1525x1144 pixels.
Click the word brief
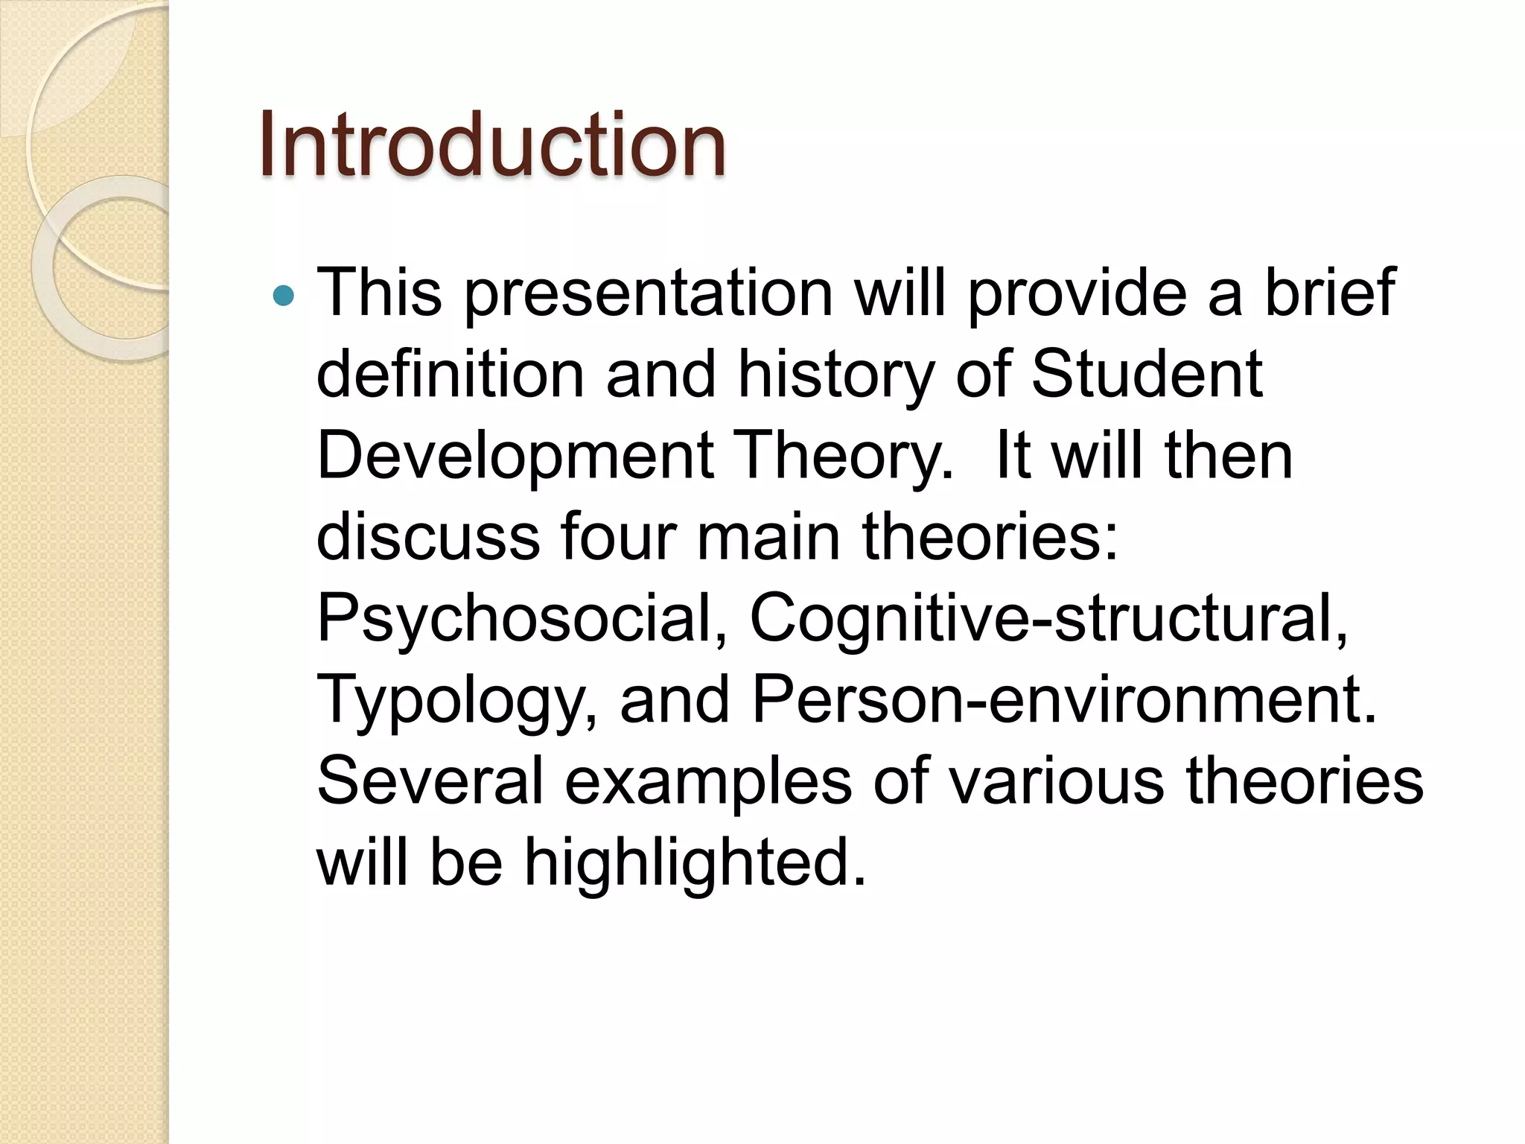point(1330,293)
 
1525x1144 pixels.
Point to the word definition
point(451,374)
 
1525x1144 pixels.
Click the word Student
point(1147,374)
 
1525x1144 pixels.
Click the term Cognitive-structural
point(1048,618)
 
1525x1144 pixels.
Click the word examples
point(708,784)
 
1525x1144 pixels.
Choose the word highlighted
point(696,863)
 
